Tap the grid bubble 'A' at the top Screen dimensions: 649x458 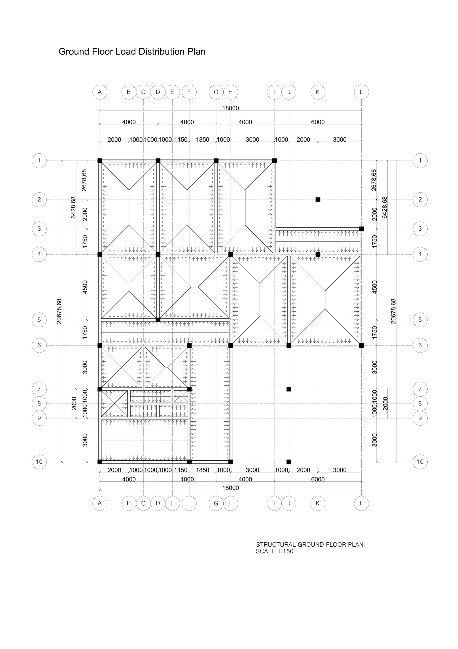100,92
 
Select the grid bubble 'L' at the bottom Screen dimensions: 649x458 361,503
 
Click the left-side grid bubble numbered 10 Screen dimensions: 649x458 39,462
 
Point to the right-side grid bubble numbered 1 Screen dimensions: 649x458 420,161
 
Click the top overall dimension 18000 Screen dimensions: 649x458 230,108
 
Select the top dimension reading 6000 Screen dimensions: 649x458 318,122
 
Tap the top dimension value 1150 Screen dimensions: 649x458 181,140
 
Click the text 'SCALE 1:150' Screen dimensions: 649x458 274,551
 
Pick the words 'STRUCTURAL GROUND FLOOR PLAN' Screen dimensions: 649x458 310,544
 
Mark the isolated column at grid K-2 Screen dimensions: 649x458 318,200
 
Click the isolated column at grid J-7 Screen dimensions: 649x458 289,389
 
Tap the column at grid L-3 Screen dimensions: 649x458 361,229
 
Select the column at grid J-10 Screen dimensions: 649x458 289,462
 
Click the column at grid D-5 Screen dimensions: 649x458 158,320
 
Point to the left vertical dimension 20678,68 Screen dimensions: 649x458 59,311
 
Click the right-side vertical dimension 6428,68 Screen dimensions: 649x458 384,207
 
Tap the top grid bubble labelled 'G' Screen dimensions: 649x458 216,92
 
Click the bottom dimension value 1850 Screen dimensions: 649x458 202,470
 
